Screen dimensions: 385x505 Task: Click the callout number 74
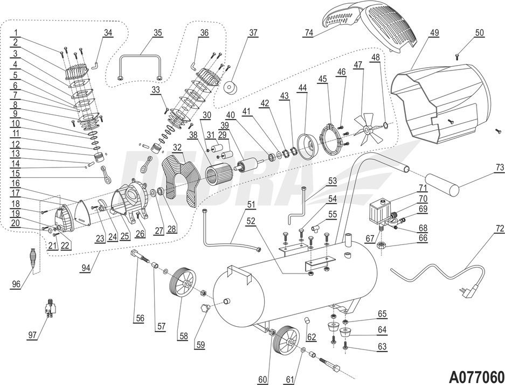(308, 32)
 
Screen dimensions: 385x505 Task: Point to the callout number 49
(434, 32)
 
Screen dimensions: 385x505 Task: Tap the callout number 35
(157, 32)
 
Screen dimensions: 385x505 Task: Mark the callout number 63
(382, 347)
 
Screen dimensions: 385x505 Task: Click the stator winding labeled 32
(177, 178)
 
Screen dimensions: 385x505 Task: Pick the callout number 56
(140, 318)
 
